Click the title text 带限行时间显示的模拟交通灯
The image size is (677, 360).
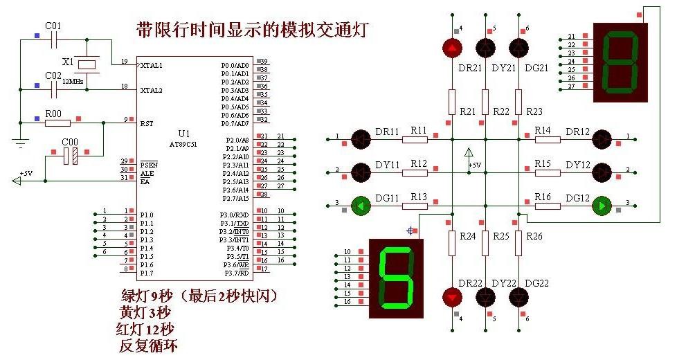point(253,30)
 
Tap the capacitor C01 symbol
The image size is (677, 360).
point(53,39)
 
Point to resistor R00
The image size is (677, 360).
point(57,123)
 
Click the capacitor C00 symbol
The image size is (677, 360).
point(69,156)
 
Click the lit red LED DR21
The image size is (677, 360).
point(451,48)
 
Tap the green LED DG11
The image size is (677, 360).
point(360,205)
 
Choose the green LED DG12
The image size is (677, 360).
point(602,205)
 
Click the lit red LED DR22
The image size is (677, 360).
point(451,297)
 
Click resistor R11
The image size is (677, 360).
point(416,138)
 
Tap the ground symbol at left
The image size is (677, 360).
point(21,144)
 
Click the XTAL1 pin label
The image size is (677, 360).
point(151,66)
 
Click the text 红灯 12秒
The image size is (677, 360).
point(146,328)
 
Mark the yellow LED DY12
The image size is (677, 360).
point(602,172)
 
